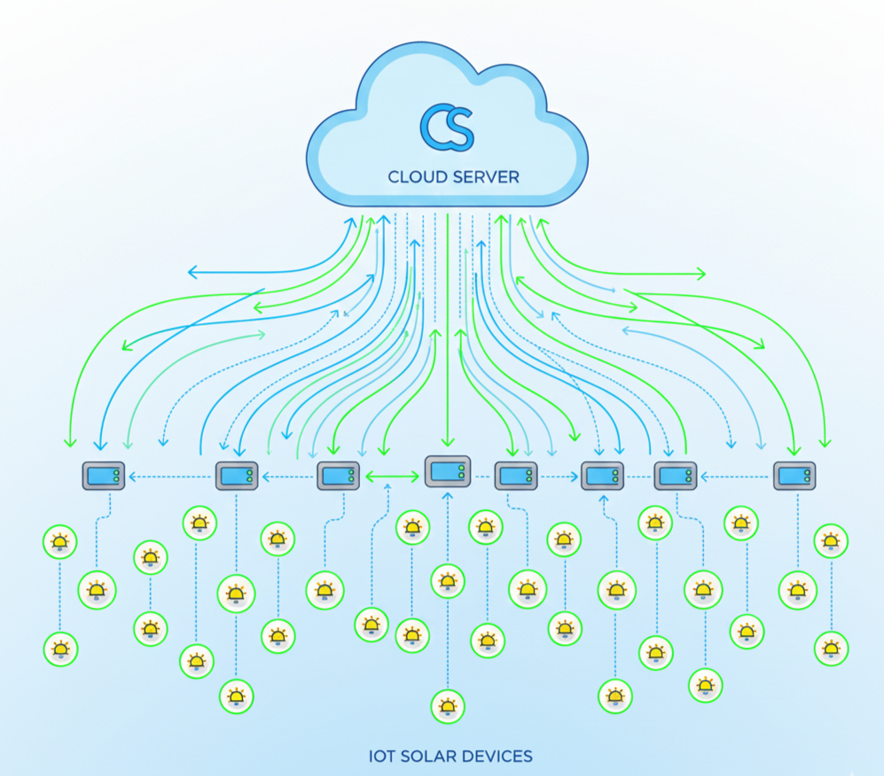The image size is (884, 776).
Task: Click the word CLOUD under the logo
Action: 421,177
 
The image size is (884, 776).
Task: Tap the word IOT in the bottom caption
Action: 381,757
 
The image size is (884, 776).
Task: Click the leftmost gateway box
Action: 104,477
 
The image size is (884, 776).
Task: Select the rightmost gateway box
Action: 794,476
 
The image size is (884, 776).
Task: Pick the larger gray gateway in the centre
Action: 447,471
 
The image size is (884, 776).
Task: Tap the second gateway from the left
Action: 237,476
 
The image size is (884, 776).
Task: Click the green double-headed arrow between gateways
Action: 391,477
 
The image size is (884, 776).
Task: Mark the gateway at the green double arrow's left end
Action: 339,476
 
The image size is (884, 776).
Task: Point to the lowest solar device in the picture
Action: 448,706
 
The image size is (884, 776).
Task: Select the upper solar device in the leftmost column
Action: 60,541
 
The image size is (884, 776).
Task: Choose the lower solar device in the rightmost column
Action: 831,648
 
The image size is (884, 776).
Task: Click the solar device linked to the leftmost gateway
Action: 97,588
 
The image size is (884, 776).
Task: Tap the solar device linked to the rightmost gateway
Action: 797,589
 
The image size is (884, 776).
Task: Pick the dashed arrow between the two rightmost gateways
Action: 735,477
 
